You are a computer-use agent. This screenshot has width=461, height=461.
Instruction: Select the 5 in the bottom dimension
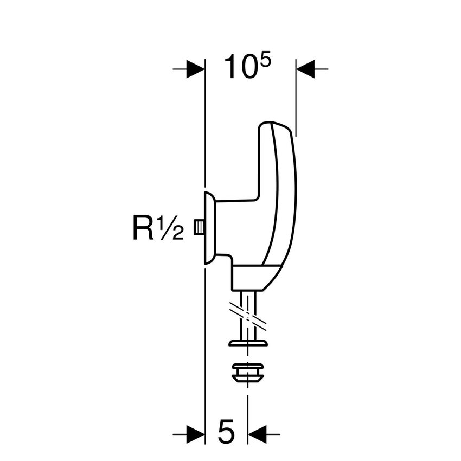[x=226, y=432]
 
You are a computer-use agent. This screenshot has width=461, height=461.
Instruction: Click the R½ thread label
[x=158, y=228]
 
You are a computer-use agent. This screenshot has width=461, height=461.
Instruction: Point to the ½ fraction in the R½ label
[x=170, y=228]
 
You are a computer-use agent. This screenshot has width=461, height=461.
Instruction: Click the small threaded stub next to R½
[x=199, y=228]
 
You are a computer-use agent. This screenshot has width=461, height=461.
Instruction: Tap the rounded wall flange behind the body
[x=209, y=228]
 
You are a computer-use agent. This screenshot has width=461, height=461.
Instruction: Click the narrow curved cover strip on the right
[x=286, y=190]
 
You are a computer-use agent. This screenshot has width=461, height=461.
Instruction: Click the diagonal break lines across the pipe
[x=248, y=316]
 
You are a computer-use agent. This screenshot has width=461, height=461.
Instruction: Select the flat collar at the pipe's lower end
[x=248, y=343]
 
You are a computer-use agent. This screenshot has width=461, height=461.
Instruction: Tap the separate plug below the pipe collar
[x=248, y=373]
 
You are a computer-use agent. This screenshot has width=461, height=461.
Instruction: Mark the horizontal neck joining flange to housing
[x=236, y=202]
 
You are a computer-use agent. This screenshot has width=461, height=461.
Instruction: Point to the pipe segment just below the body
[x=248, y=299]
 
